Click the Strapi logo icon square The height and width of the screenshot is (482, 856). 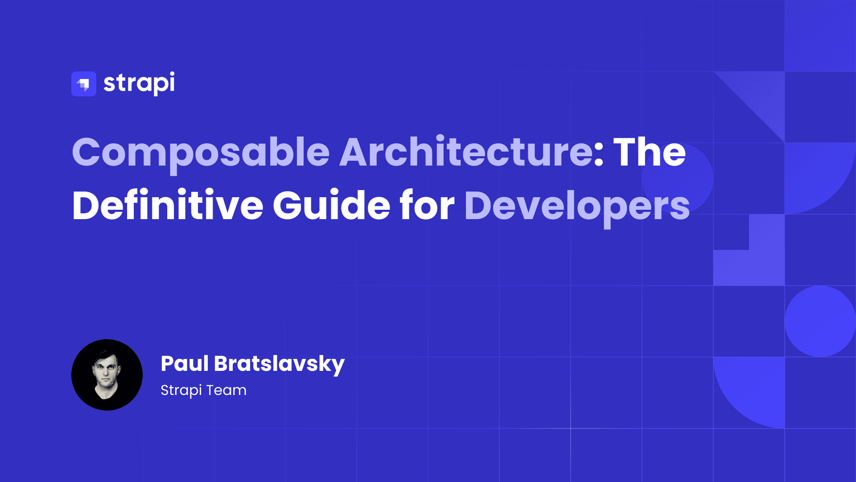pos(84,84)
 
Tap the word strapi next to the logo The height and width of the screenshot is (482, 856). pos(139,83)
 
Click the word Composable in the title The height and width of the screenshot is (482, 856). pos(201,153)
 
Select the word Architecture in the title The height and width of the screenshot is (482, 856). pos(466,153)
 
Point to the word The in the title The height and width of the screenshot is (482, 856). pos(650,153)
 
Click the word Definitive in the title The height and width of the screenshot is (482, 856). pos(168,206)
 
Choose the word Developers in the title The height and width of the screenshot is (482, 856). pos(577,207)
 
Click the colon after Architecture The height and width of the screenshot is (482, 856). pos(598,154)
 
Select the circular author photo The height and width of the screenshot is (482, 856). pos(107,375)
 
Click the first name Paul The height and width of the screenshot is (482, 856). pos(185,364)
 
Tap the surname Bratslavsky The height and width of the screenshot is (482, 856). pos(279,364)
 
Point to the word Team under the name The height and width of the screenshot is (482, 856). pos(226,391)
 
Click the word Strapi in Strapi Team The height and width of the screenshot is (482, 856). pos(181,391)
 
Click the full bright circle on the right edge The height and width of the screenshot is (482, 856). pos(820,321)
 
